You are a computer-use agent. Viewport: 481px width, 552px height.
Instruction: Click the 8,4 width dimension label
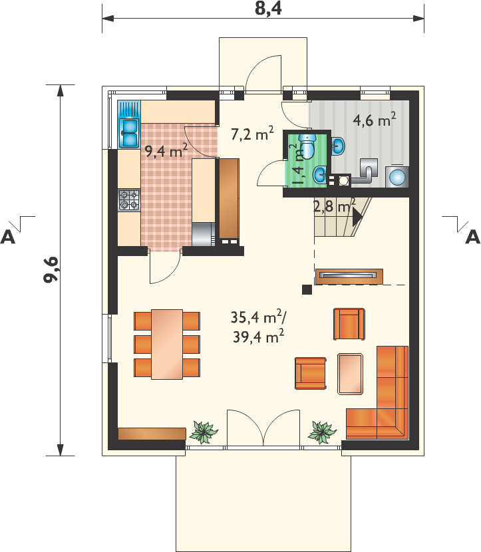268,9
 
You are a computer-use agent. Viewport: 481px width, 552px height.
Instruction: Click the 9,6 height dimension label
51,269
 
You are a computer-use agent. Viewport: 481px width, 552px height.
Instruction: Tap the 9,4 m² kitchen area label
166,151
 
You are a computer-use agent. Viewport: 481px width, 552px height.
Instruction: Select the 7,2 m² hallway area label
252,134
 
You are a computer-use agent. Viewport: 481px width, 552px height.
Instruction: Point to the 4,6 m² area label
375,120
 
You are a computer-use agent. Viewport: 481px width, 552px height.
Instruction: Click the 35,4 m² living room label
258,317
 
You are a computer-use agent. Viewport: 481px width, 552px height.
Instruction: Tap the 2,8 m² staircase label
334,206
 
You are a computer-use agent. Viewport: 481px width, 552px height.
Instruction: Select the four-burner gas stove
129,200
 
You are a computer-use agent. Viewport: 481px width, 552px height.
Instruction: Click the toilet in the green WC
308,146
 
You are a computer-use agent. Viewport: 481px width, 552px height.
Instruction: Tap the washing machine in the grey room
397,176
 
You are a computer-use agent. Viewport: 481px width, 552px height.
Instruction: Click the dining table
167,345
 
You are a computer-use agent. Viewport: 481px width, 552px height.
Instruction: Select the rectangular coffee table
350,374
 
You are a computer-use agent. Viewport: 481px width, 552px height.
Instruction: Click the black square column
307,289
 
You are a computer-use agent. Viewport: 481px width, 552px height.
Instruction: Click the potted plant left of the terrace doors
204,431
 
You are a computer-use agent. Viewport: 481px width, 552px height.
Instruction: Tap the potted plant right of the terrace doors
322,431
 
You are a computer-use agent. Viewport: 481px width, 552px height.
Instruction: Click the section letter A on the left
8,237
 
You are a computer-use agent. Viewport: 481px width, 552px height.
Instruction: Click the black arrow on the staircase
357,215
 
